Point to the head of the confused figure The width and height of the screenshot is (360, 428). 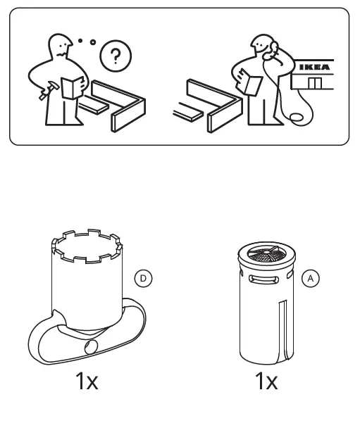pos(58,45)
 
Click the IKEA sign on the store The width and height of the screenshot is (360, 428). pos(315,68)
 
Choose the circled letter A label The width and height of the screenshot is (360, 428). pos(311,279)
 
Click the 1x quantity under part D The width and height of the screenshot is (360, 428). pos(87,382)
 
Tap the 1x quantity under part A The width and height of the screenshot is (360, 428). pos(266,382)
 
